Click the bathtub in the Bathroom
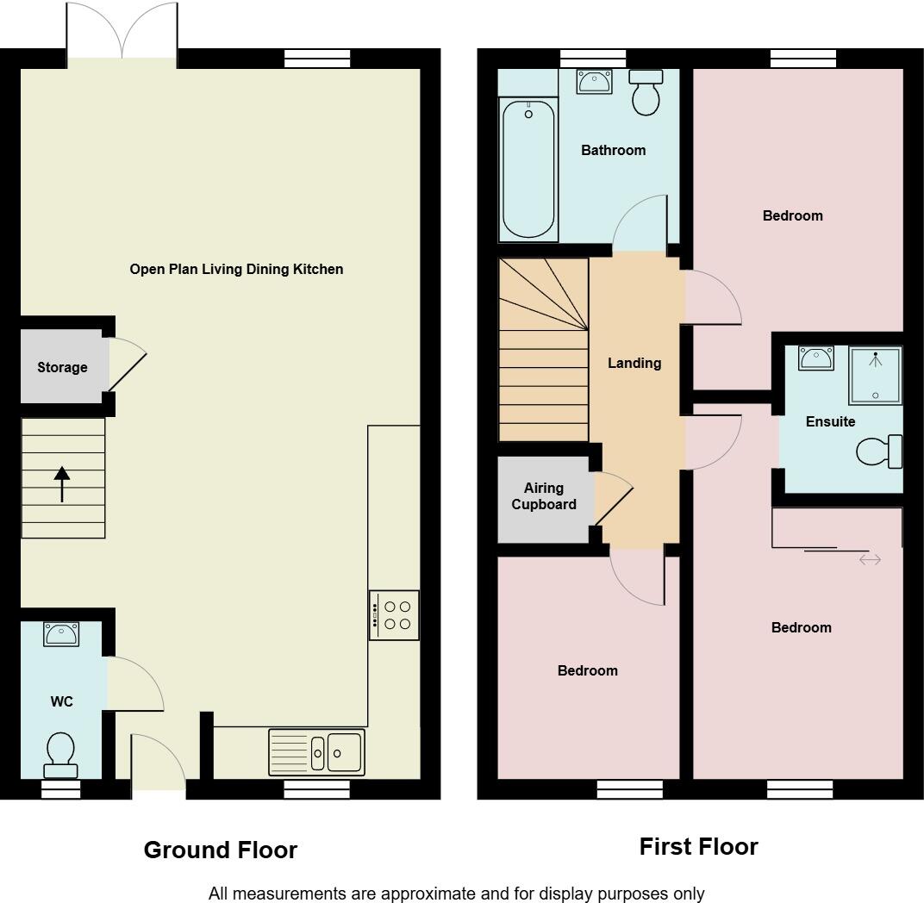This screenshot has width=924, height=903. pos(528,169)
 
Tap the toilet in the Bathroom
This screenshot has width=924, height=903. pos(646,92)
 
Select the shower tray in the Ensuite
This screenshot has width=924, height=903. pos(875,376)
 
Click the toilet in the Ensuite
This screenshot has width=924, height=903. pos(880,451)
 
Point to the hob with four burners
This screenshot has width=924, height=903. pos(394,615)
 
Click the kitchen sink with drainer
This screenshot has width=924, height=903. pos(316,752)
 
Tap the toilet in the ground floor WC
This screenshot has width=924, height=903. pos(61,755)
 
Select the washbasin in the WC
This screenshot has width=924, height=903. pos(61,635)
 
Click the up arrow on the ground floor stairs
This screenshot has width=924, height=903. pos(61,483)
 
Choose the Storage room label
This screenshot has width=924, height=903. pos(62,367)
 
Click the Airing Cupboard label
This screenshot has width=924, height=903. pos(544,496)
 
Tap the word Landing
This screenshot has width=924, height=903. pos(634,363)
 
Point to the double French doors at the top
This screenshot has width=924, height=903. pos(122,33)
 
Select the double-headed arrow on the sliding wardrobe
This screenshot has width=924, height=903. pos(870,560)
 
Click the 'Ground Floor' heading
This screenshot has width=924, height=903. pos(221,850)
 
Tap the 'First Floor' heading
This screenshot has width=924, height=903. pos(698,846)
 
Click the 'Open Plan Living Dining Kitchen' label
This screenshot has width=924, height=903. pos(236,269)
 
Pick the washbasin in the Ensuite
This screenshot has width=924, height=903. pos(815,358)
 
